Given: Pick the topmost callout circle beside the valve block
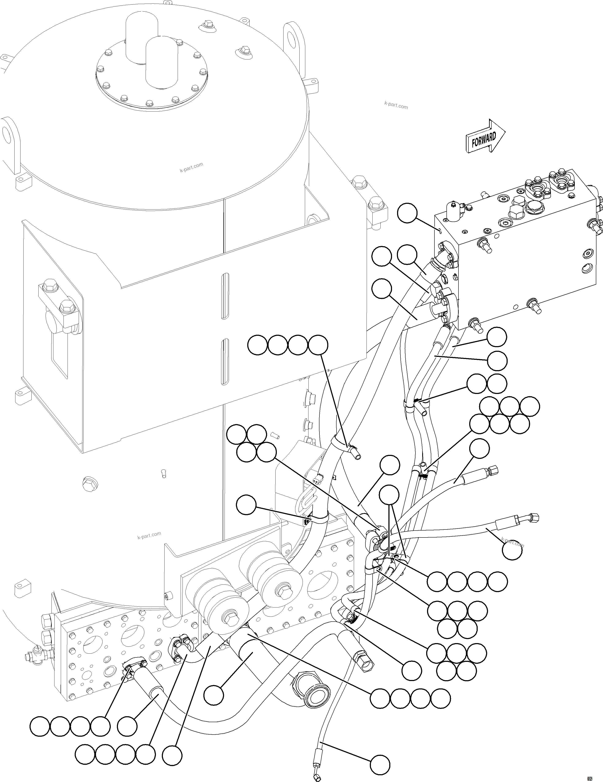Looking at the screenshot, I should tap(407, 213).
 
